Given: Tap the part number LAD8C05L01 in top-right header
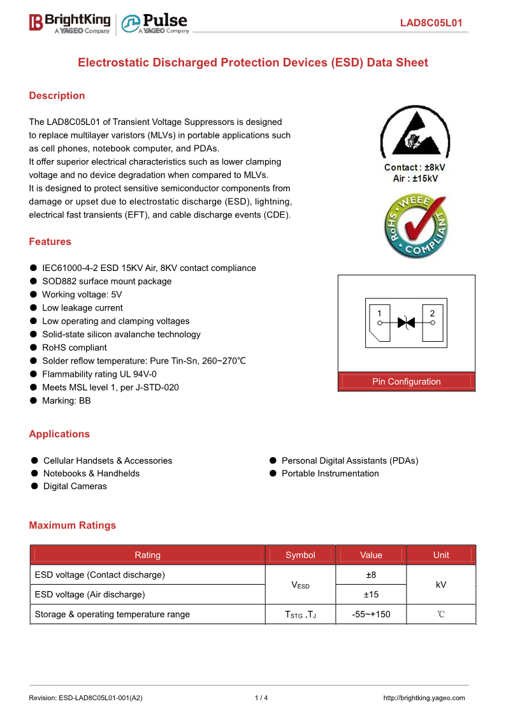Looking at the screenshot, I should pos(431,24).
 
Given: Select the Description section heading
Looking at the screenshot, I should pos(57,96).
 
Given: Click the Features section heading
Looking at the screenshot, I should pos(50,242).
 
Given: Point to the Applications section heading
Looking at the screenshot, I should pos(59,434).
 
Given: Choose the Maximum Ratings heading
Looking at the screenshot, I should pos(73,525).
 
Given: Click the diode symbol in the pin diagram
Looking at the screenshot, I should pos(406,323).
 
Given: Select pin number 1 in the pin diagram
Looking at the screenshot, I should pos(379,314).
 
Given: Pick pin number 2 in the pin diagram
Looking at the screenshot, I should pos(433,314).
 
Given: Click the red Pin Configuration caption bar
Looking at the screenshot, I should pos(407,381).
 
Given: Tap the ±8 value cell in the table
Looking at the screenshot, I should pos(371,575).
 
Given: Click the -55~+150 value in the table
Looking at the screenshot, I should pos(371,615).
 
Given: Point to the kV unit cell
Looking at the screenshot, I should pos(441,585).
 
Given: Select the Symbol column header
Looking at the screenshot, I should pos(300,555).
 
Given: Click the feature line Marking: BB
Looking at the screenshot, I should pos(66,401).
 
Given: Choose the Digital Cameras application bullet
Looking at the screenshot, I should pos(75,486).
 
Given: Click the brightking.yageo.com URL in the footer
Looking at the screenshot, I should pos(424,698).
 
